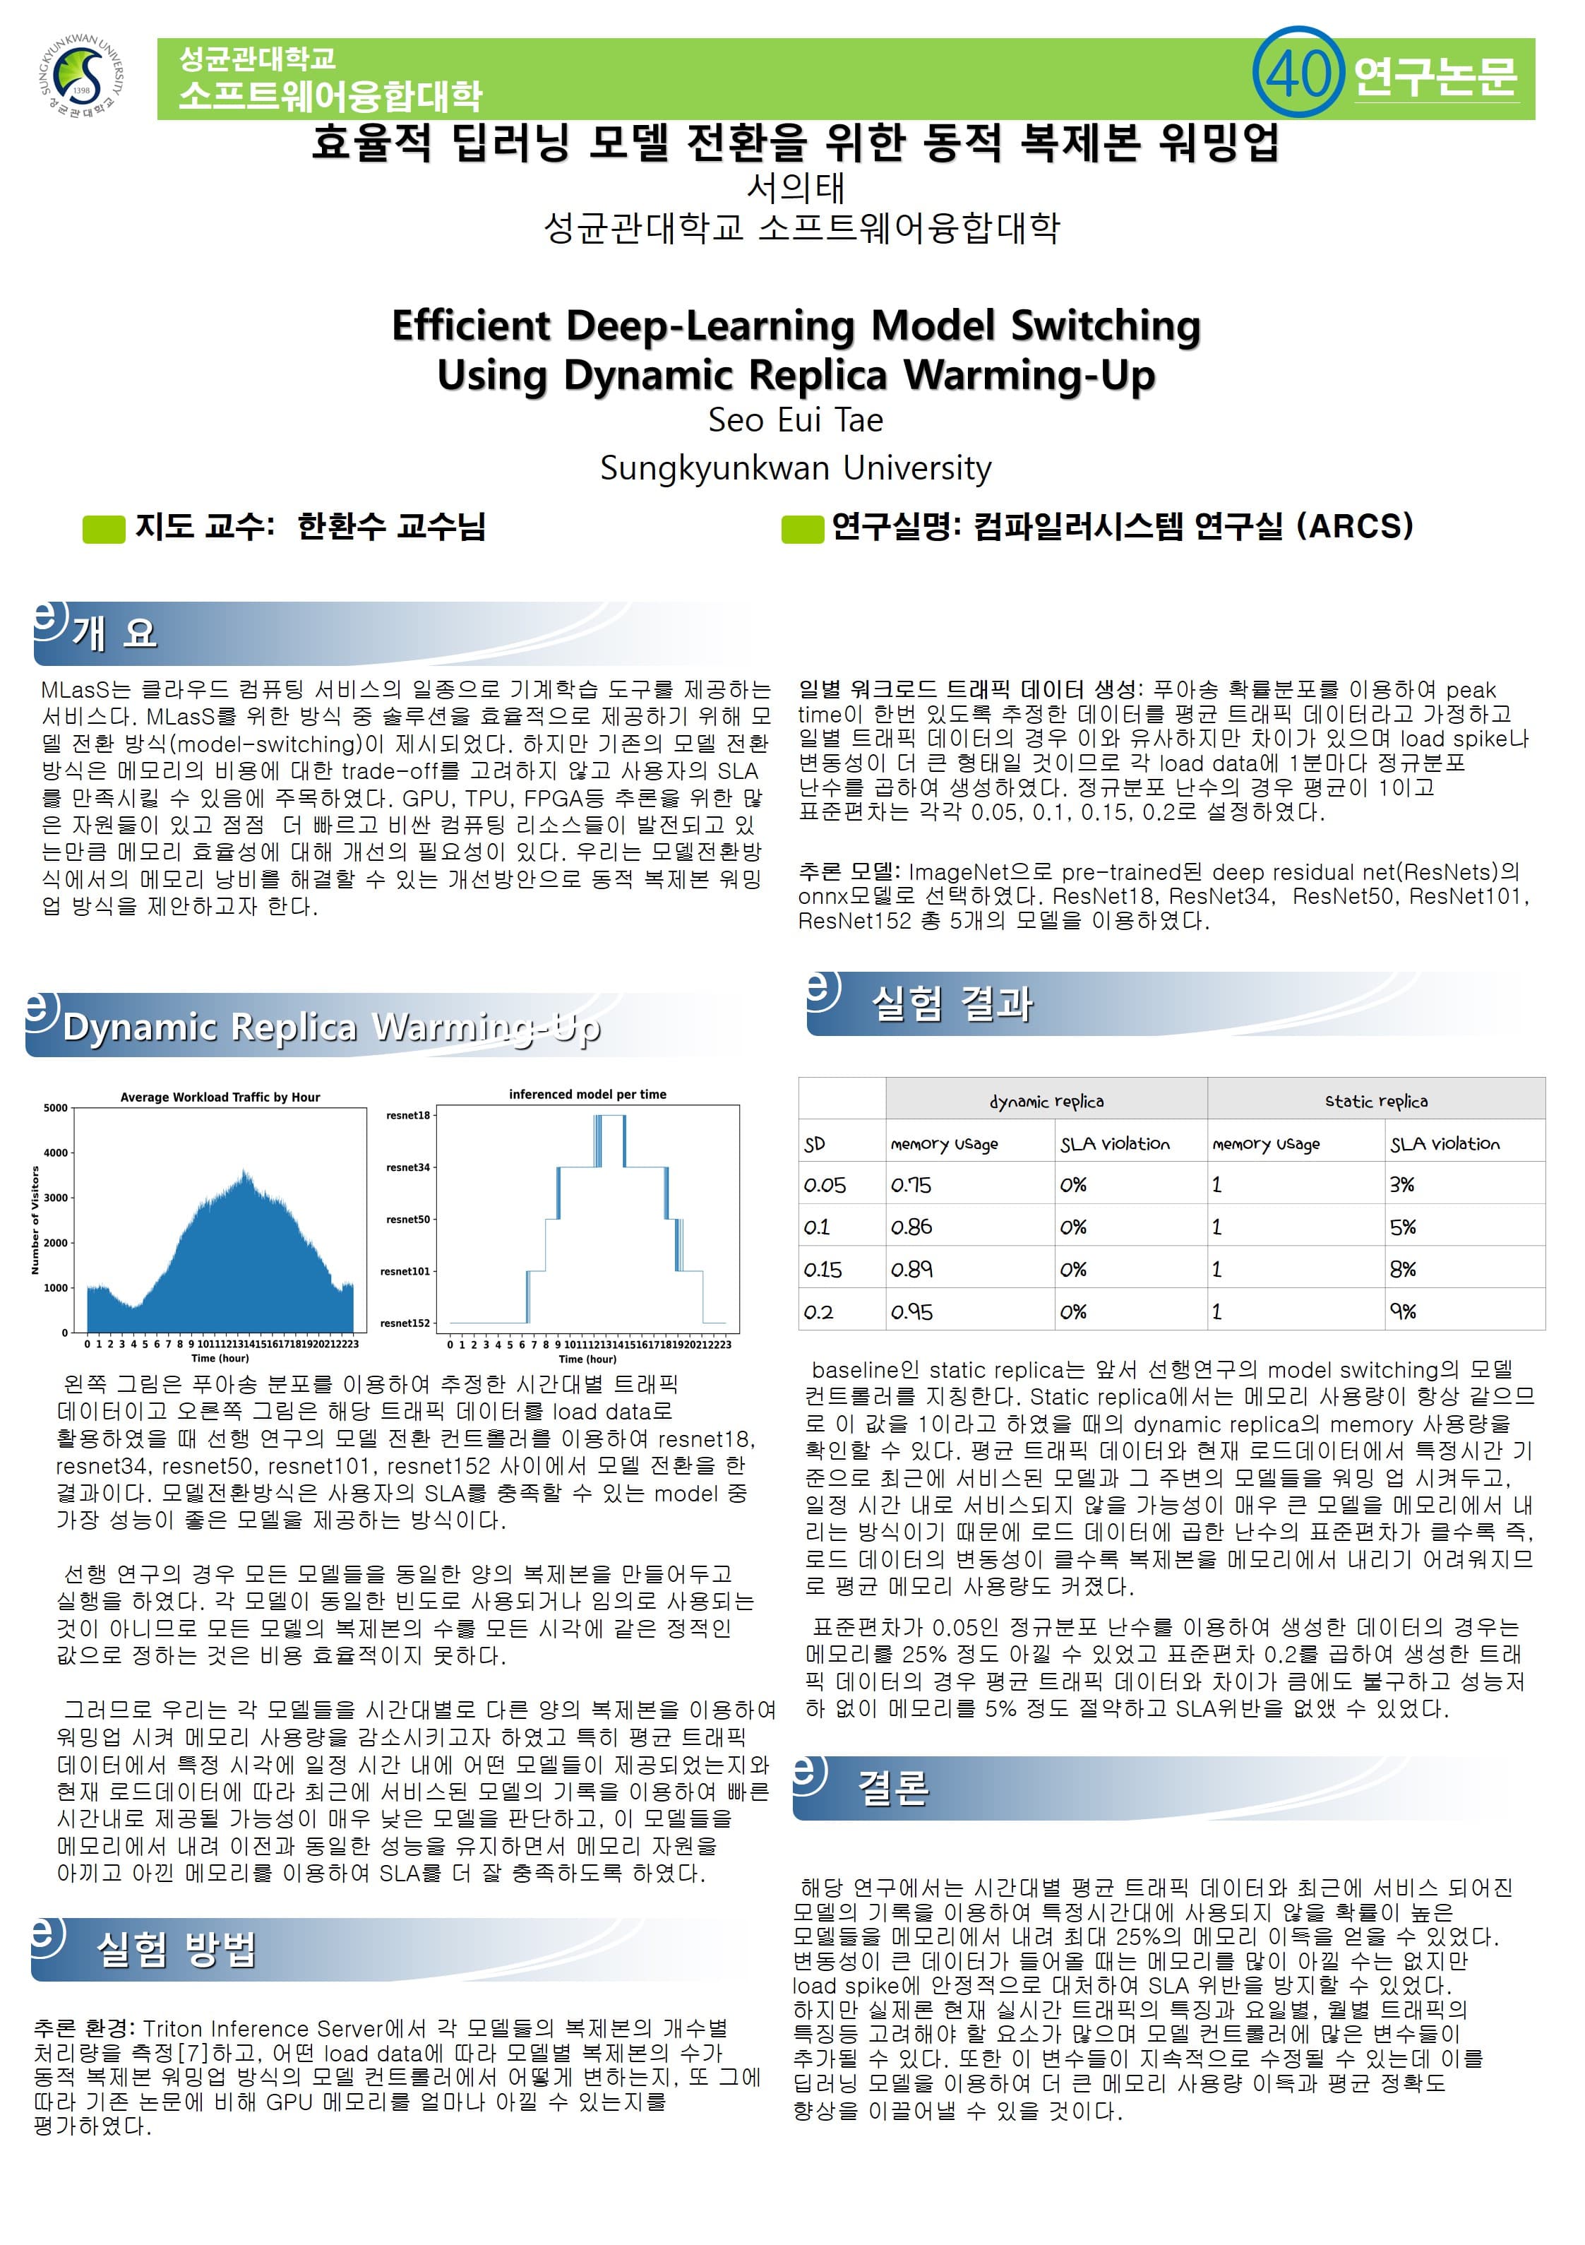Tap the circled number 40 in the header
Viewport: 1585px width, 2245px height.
[x=1298, y=72]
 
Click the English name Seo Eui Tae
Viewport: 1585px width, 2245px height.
[x=795, y=419]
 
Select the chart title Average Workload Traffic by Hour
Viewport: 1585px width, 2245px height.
[x=220, y=1097]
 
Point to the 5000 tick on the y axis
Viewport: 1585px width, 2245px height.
[x=56, y=1108]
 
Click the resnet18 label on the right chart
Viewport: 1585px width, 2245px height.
[x=408, y=1114]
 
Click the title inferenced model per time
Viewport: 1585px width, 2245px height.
[x=587, y=1094]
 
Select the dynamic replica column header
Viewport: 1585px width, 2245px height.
[x=1046, y=1101]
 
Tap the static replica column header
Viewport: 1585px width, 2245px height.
[x=1376, y=1101]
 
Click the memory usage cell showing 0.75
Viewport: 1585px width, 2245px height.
[x=910, y=1185]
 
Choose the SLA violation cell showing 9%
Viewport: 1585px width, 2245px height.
[x=1403, y=1311]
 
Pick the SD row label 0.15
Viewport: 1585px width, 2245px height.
[x=823, y=1269]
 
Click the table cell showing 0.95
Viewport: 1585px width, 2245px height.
[x=910, y=1311]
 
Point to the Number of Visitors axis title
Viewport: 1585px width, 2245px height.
[x=35, y=1220]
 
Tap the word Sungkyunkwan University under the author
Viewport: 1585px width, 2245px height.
[x=795, y=468]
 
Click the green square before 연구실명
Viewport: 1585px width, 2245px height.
[x=802, y=529]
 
